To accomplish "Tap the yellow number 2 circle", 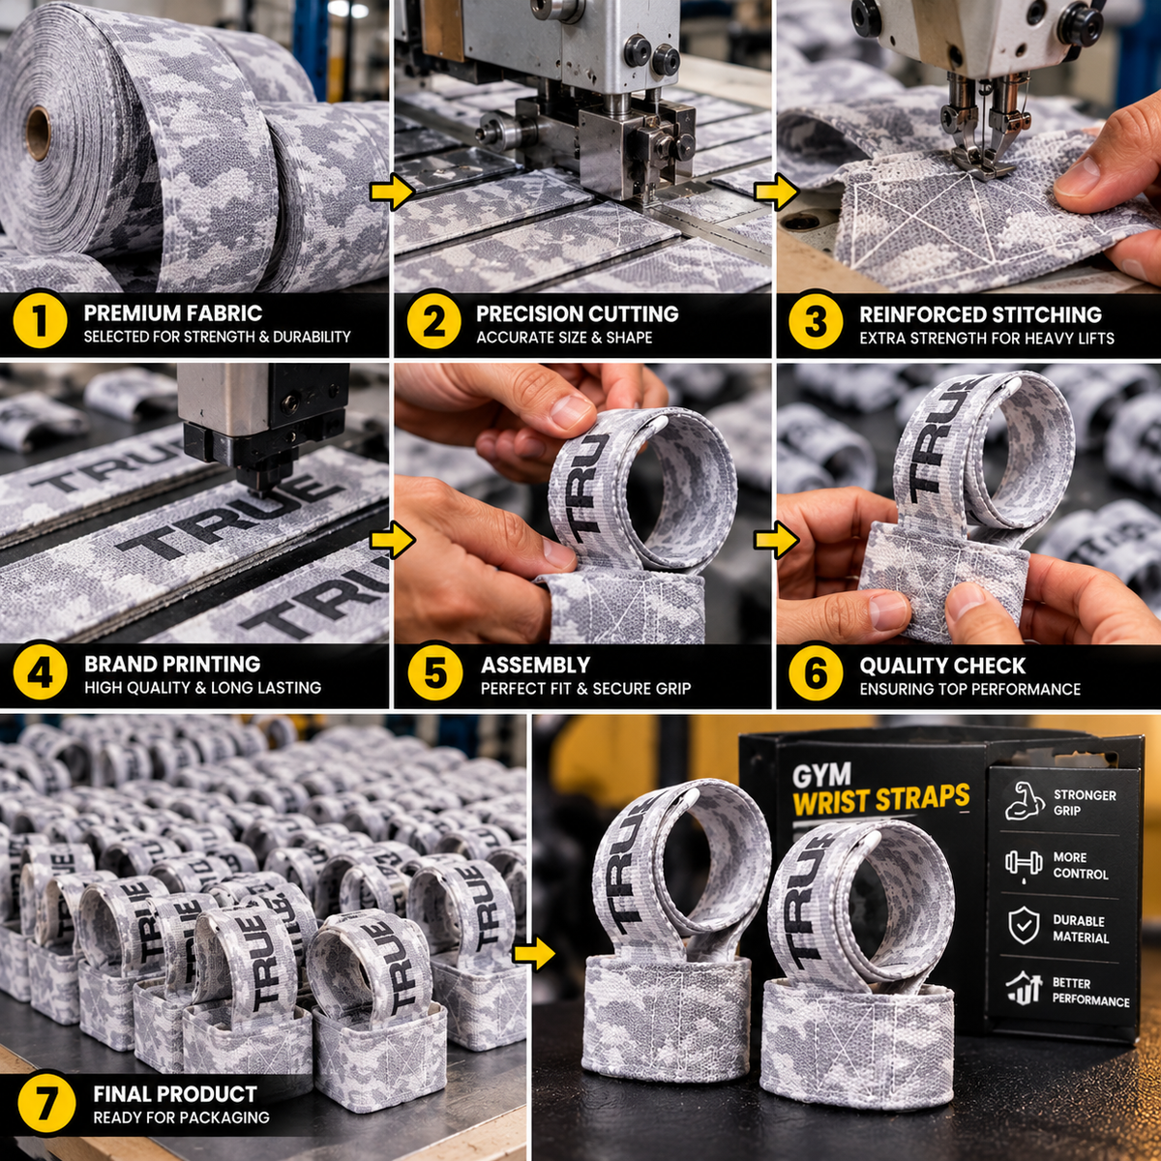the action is click(x=433, y=322).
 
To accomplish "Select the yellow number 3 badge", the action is click(x=816, y=322).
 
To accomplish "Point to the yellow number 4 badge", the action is click(x=39, y=673).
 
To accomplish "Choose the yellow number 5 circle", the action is click(x=435, y=673).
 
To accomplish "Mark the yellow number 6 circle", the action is click(x=816, y=674).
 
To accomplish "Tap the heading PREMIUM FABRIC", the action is click(x=173, y=313).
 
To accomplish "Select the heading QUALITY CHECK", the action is click(x=942, y=666).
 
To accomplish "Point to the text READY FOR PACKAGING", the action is click(x=181, y=1117).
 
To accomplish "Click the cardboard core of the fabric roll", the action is click(x=38, y=134).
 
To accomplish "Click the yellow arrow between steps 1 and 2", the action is click(x=392, y=193).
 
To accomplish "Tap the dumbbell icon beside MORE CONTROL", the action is click(x=1024, y=865).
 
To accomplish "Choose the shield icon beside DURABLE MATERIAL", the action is click(x=1024, y=927).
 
